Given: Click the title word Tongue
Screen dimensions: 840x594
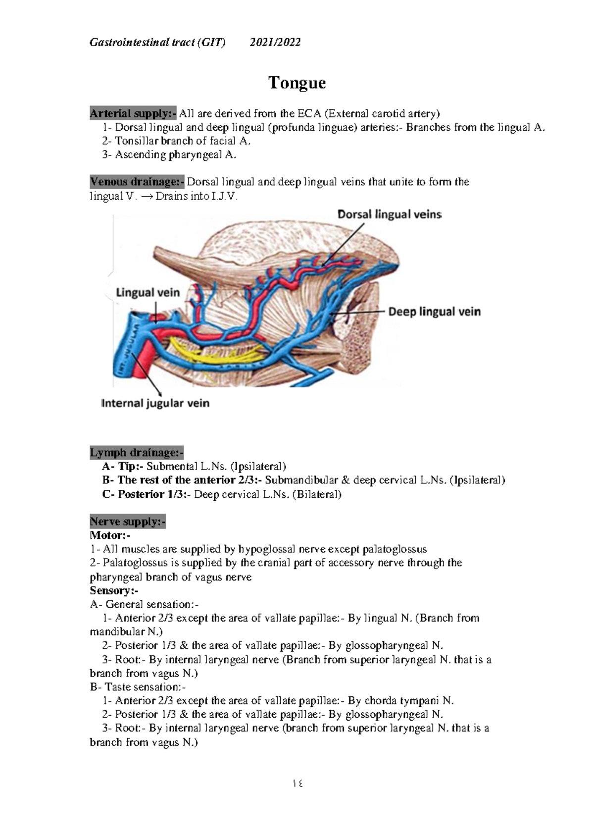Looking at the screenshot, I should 297,83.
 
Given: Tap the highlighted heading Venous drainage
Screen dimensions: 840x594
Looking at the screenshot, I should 137,182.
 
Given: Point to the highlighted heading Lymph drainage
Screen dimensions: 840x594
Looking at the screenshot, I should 136,453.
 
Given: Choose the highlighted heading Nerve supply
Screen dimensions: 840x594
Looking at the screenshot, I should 127,522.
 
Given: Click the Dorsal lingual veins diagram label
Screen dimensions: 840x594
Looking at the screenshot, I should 389,214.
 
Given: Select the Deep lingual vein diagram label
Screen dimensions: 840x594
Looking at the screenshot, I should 434,312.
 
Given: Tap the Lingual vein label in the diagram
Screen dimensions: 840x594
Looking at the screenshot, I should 148,293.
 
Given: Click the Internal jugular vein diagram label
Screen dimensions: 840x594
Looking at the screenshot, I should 155,403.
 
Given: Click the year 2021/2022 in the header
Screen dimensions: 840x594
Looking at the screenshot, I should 275,43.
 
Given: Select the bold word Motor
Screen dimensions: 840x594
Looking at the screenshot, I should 107,535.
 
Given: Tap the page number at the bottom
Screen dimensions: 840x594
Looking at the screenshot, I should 297,784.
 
